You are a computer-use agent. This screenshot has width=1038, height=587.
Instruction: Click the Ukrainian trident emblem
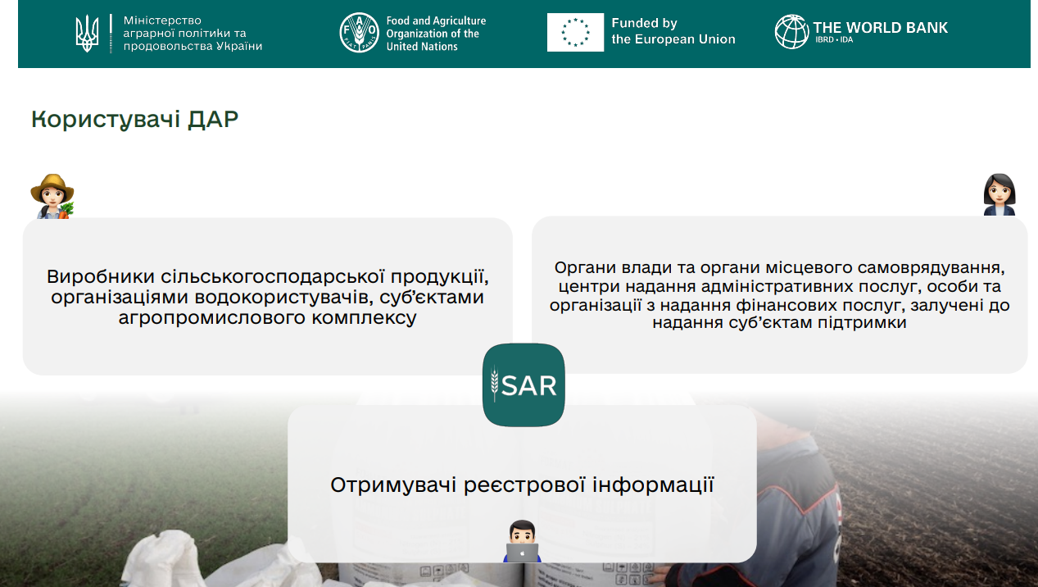(87, 33)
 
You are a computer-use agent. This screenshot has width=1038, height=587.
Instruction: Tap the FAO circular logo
(359, 33)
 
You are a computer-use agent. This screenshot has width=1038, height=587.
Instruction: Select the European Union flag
(575, 32)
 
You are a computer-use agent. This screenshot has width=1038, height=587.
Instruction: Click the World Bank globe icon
(792, 31)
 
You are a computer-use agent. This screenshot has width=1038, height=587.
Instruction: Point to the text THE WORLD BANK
(881, 27)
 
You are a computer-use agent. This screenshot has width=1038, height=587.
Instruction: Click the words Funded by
(644, 23)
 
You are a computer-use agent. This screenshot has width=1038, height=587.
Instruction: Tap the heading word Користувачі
(106, 120)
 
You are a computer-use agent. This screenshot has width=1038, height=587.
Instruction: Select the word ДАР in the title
(213, 119)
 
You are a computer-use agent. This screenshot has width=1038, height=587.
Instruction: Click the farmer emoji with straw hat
(52, 196)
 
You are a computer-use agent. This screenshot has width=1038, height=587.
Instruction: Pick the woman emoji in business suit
(999, 194)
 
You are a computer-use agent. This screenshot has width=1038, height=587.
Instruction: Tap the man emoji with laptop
(522, 541)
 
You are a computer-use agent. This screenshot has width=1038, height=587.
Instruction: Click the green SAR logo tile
(524, 385)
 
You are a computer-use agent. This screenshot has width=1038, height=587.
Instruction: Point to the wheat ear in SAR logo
(495, 384)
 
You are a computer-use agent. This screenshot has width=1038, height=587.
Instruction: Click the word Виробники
(101, 277)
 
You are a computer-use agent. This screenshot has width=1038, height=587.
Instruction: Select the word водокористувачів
(284, 298)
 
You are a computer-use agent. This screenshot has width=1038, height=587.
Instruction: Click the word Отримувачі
(393, 485)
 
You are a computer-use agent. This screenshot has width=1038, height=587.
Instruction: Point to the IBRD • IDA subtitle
(834, 40)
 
